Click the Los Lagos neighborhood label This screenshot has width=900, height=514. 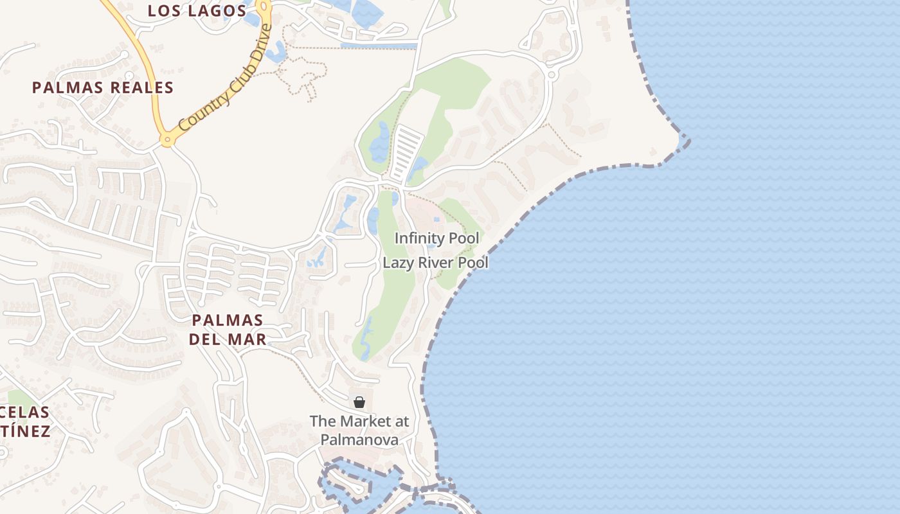pyautogui.click(x=197, y=11)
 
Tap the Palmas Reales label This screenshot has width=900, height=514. pyautogui.click(x=103, y=88)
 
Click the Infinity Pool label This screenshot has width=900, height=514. pyautogui.click(x=437, y=238)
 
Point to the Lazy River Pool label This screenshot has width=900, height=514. pyautogui.click(x=435, y=263)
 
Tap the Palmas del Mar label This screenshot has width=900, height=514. pyautogui.click(x=228, y=330)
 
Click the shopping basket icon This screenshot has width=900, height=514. pyautogui.click(x=359, y=402)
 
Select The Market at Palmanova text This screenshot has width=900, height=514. pyautogui.click(x=359, y=430)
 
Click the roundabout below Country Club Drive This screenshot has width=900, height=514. pyautogui.click(x=168, y=139)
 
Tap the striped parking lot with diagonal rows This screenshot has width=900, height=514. pyautogui.click(x=406, y=153)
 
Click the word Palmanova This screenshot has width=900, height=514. pyautogui.click(x=359, y=440)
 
